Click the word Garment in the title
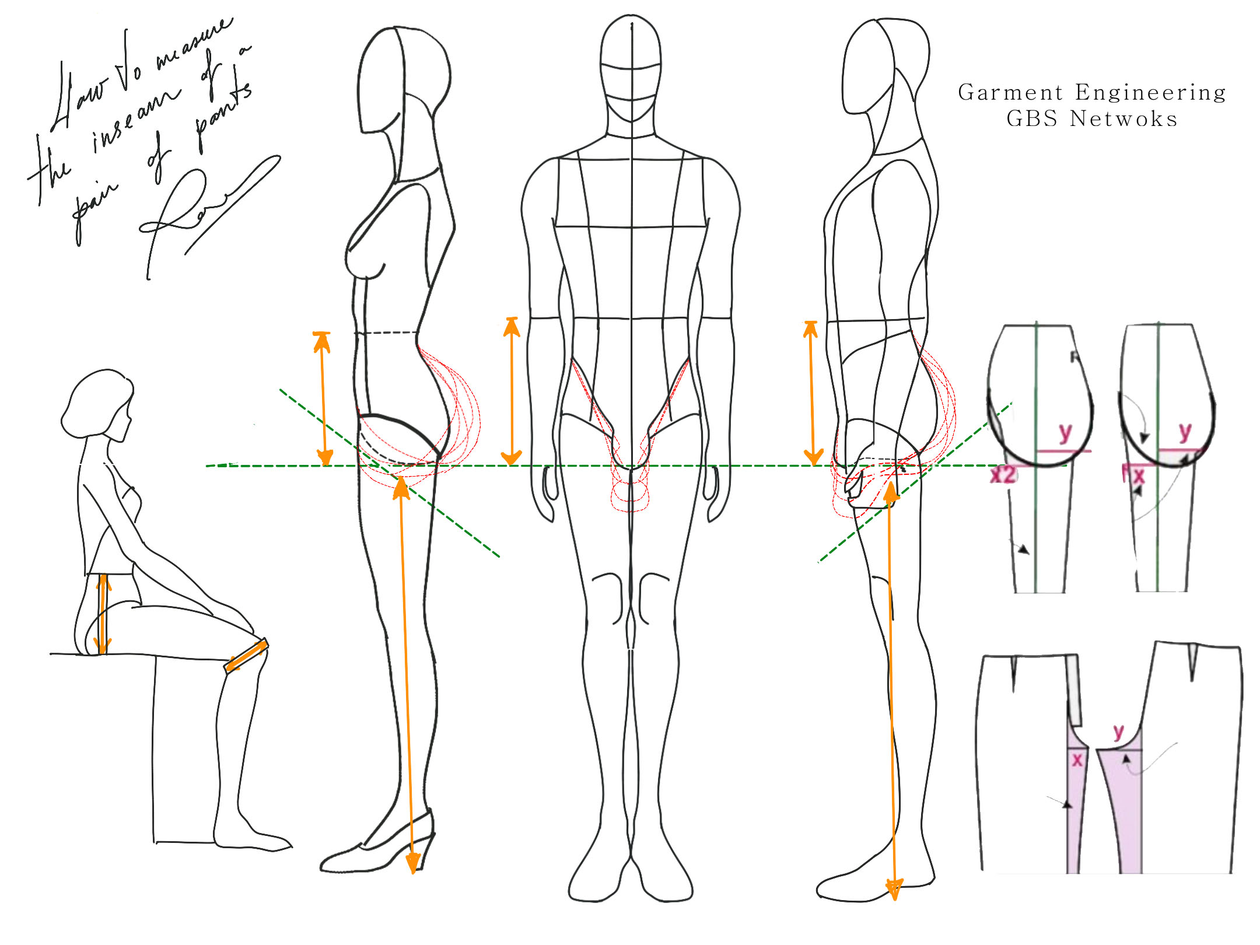coord(1010,93)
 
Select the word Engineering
coord(1150,93)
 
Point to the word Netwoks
coord(1123,119)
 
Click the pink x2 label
coord(1003,475)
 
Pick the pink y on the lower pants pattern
coord(1118,732)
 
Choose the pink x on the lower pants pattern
coord(1077,759)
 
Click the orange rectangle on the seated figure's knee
coord(246,656)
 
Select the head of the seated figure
coord(98,402)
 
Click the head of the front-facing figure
coord(631,70)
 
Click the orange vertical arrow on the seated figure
coord(103,614)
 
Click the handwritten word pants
coord(225,114)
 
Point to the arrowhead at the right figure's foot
coord(894,889)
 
